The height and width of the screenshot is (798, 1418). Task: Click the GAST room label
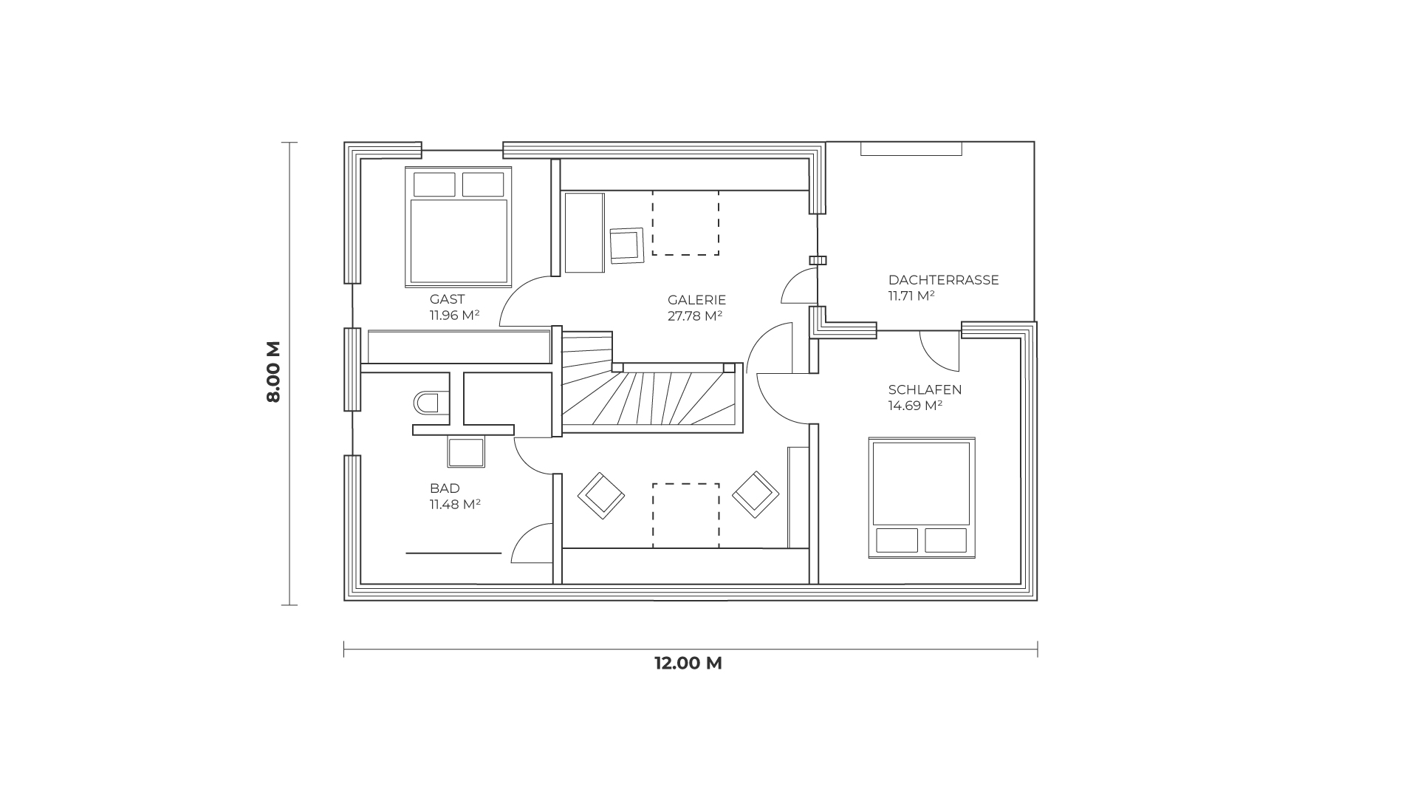447,299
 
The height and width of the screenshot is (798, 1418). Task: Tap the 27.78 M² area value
694,316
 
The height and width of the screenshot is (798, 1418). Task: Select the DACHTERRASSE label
943,280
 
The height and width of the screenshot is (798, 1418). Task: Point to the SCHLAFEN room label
925,389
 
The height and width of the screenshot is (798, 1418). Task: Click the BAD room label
445,488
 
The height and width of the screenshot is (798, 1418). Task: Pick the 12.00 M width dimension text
688,663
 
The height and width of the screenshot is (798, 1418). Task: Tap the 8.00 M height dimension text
274,372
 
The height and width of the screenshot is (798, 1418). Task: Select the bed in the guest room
458,226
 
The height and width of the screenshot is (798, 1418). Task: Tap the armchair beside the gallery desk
627,245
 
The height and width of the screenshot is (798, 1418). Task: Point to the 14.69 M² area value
916,406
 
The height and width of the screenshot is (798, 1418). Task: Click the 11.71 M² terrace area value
912,296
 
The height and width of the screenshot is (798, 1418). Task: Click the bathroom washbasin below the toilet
467,452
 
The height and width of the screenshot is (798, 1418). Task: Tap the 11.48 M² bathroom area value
456,505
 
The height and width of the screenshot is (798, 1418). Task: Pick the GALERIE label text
697,300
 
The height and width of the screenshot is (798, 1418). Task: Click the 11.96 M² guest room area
455,316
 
